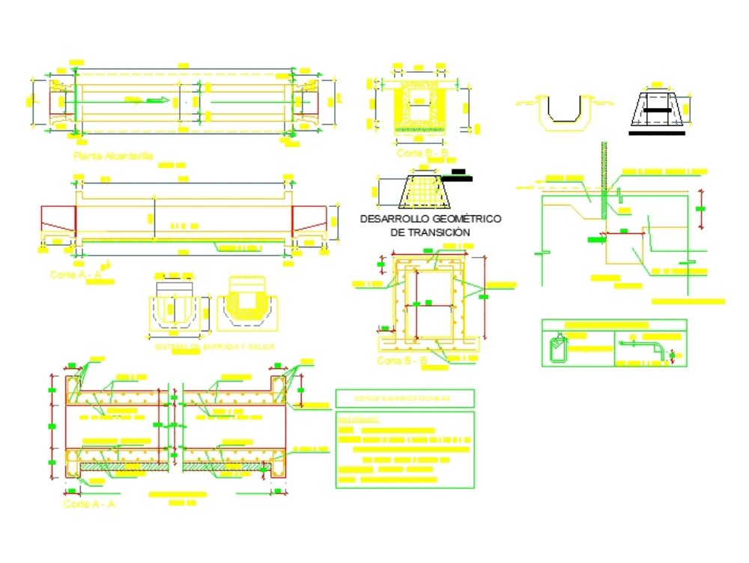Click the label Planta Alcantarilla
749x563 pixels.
pyautogui.click(x=113, y=156)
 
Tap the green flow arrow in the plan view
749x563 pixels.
pyautogui.click(x=154, y=100)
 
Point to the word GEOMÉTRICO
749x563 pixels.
pyautogui.click(x=467, y=219)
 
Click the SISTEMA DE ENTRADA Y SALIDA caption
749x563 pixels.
pyautogui.click(x=214, y=347)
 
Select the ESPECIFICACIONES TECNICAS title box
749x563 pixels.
pyautogui.click(x=404, y=398)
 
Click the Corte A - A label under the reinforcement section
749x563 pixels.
pyautogui.click(x=89, y=505)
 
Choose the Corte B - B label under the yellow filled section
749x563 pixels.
pyautogui.click(x=422, y=154)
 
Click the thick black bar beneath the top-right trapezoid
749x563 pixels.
pyautogui.click(x=658, y=133)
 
